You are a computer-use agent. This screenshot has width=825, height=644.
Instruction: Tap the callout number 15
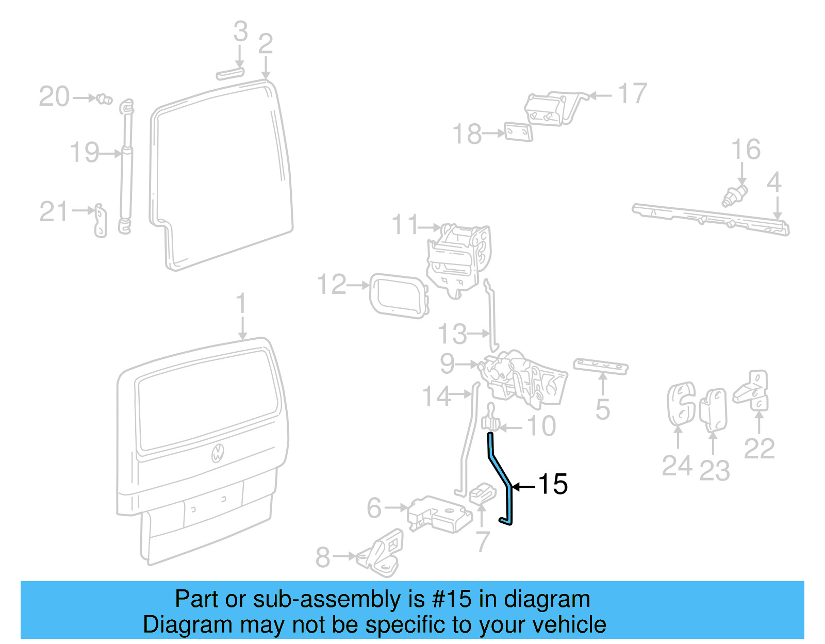click(552, 484)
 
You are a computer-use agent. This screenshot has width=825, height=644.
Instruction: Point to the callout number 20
click(54, 97)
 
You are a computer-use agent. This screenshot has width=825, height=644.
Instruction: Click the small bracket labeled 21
click(100, 221)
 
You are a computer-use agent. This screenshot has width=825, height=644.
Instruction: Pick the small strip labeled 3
click(230, 73)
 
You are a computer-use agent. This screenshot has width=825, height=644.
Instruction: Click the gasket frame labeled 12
click(399, 296)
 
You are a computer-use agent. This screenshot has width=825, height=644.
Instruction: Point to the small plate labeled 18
click(518, 132)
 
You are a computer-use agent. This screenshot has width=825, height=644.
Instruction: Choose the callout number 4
click(774, 183)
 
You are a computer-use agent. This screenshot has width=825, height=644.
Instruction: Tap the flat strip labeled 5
click(601, 366)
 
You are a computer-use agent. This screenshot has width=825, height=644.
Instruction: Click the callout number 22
click(759, 449)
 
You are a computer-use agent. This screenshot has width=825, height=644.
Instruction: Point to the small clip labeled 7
click(482, 493)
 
